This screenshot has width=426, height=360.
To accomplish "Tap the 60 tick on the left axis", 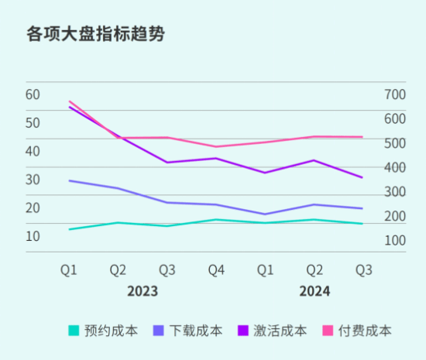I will click(x=33, y=94).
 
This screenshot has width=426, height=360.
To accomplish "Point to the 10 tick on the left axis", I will click(x=33, y=236).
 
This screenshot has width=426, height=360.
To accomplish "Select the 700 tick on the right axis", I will click(x=395, y=94).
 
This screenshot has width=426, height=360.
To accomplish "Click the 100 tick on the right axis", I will click(x=395, y=241).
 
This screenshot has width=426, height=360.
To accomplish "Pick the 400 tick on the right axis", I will click(x=395, y=167).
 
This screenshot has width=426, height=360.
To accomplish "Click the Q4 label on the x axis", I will click(x=216, y=269).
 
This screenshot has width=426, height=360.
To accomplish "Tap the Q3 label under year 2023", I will click(x=167, y=269).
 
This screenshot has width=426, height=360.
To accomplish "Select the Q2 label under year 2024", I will click(x=314, y=269).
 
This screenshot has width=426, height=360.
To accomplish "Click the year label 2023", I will click(x=143, y=291).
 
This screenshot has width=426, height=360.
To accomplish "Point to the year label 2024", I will click(x=314, y=291).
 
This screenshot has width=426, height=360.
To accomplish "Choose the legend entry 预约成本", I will click(x=104, y=331).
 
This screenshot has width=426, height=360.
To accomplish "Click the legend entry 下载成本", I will click(x=188, y=331).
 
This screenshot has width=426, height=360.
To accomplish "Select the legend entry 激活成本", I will click(x=273, y=331).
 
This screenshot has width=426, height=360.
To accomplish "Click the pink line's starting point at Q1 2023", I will click(x=69, y=101).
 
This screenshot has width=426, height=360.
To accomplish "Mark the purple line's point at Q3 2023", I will click(x=167, y=163).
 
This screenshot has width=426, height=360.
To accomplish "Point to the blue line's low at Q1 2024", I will click(x=265, y=214).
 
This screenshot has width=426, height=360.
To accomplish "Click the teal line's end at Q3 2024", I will click(x=362, y=224).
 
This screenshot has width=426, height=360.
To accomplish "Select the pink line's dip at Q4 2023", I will click(x=216, y=146).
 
